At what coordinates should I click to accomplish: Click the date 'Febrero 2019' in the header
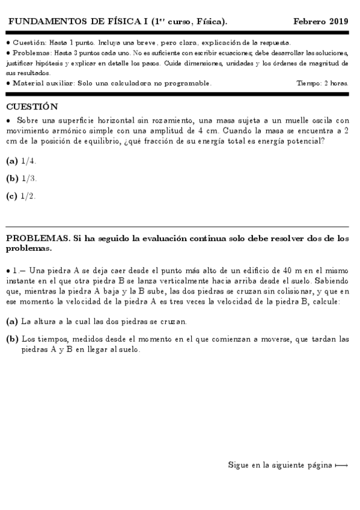click(x=320, y=22)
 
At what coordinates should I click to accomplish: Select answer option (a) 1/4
click(x=21, y=161)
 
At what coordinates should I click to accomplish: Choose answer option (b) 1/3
click(x=22, y=179)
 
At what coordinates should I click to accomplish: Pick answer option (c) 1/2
click(x=21, y=196)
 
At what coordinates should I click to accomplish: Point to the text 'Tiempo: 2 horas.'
click(x=323, y=83)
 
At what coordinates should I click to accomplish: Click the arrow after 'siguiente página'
click(x=341, y=465)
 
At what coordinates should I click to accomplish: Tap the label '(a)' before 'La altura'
click(x=12, y=322)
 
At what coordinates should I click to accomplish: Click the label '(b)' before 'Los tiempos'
click(x=12, y=339)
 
